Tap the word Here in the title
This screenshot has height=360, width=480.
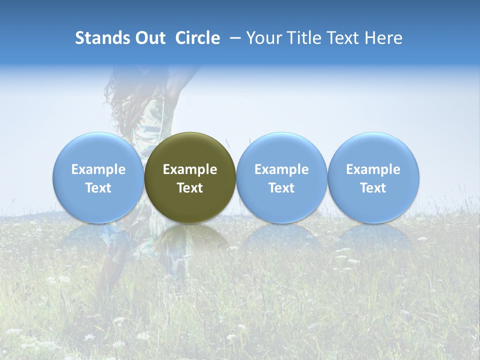(x=384, y=38)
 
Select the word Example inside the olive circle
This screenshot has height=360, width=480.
(x=190, y=169)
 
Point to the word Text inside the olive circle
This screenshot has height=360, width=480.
(x=190, y=188)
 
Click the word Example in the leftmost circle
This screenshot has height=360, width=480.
(x=98, y=169)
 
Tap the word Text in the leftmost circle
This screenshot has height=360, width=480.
(x=98, y=188)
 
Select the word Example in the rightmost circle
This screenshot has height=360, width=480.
(x=373, y=169)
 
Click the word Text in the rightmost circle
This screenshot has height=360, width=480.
(x=373, y=188)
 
